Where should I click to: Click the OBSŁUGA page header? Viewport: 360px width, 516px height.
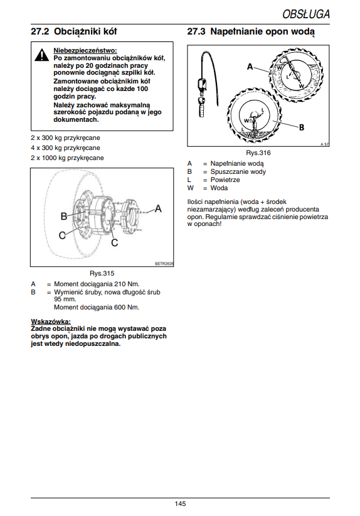click(x=306, y=14)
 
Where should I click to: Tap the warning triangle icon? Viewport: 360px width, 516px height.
click(x=42, y=55)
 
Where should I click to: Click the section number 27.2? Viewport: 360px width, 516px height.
click(x=40, y=31)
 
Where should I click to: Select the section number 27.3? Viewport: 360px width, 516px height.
click(x=196, y=31)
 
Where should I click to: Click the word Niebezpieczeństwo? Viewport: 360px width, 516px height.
click(x=85, y=51)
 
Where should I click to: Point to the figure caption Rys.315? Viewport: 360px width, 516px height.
click(x=102, y=273)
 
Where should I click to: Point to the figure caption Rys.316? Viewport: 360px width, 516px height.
click(x=258, y=153)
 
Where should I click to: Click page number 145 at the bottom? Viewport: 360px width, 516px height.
click(x=180, y=503)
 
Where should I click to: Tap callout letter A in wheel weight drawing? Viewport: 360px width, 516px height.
click(x=158, y=208)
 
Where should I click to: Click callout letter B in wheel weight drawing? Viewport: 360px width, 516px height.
click(x=64, y=216)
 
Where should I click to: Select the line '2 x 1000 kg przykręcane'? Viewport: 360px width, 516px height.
click(x=67, y=158)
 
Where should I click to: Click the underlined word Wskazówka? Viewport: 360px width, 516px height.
click(x=51, y=321)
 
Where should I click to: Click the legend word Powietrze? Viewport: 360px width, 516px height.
click(x=225, y=180)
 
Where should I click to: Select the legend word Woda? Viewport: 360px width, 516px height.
click(x=219, y=188)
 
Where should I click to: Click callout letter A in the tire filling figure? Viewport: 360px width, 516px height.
click(x=250, y=67)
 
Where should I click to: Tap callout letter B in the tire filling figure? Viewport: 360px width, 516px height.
click(x=301, y=127)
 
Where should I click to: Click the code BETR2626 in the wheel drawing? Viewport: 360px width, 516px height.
click(x=164, y=264)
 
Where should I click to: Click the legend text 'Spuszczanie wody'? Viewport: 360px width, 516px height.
click(x=238, y=171)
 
